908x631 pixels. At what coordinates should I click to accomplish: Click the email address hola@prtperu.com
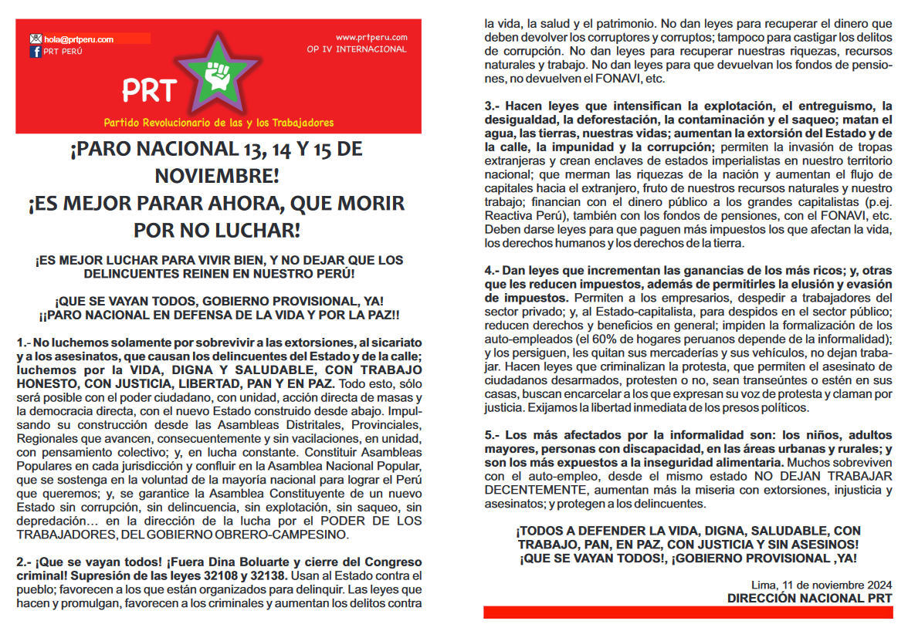click(79, 39)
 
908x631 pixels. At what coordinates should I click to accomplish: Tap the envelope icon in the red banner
click(36, 39)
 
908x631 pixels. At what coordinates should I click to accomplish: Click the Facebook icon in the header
click(36, 52)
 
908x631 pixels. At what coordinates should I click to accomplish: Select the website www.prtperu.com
click(371, 37)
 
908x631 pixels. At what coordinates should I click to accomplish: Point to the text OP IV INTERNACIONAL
click(356, 49)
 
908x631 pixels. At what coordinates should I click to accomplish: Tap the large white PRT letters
click(150, 91)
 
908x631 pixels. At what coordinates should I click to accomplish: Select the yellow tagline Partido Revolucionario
click(219, 123)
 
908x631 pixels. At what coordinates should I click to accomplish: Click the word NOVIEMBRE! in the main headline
click(216, 176)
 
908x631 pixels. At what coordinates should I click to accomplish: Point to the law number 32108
click(224, 575)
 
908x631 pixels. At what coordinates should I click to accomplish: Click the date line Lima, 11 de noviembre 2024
click(822, 584)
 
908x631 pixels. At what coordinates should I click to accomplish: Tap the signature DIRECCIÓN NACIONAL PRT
click(809, 598)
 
